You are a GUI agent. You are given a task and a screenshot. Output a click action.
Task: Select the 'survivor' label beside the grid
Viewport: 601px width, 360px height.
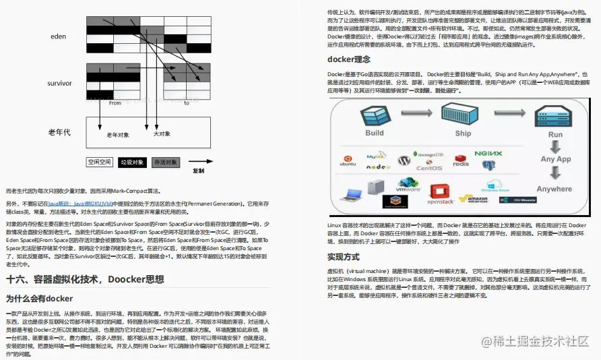(x=59, y=83)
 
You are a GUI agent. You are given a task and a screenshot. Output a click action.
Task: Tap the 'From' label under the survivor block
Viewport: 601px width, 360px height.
(x=115, y=103)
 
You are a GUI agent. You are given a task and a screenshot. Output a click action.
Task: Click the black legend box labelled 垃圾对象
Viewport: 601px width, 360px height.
(x=132, y=162)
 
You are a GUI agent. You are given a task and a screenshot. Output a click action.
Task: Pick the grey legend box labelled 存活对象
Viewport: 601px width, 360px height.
(x=166, y=162)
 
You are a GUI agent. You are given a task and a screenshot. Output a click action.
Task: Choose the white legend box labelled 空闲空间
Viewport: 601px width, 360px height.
(x=100, y=162)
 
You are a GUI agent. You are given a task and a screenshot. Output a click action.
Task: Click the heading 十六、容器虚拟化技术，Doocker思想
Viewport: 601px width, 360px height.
(x=84, y=279)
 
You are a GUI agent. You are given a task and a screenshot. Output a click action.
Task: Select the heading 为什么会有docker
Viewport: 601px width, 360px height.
(x=39, y=298)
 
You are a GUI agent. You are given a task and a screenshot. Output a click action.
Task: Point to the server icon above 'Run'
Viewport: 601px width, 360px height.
(x=555, y=113)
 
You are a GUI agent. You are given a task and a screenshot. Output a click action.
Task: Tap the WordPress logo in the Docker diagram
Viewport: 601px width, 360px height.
(x=404, y=161)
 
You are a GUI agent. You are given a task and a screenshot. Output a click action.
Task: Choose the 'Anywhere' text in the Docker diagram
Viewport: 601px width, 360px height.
(x=555, y=189)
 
